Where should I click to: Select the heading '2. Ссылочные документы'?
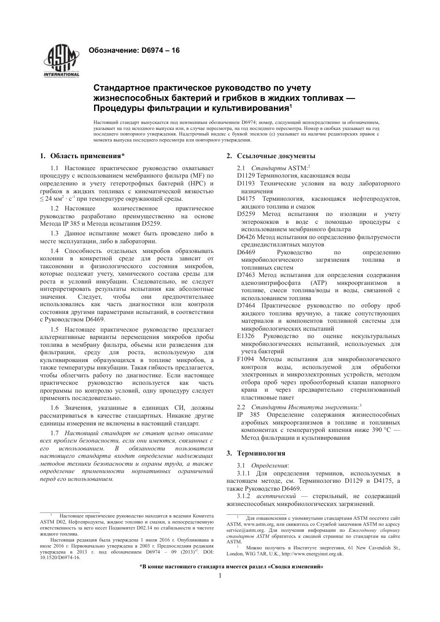271,156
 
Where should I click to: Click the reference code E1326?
245,336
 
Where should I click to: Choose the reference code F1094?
245,359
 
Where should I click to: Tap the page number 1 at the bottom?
220,576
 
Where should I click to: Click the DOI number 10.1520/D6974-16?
60,557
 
